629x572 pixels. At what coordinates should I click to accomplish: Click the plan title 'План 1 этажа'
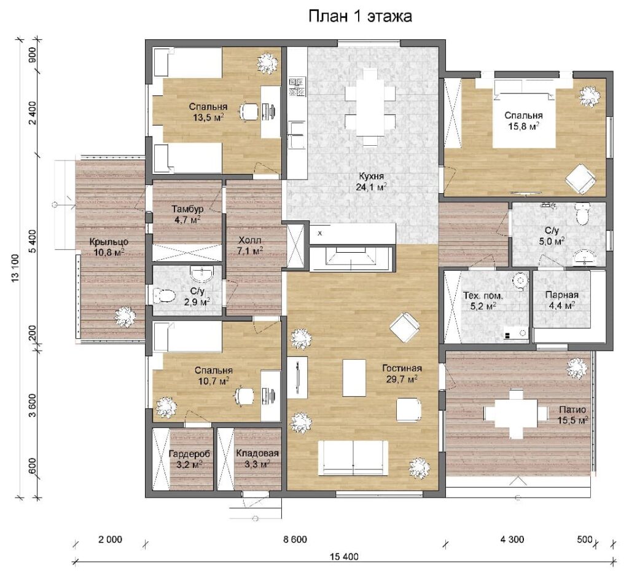pyautogui.click(x=360, y=16)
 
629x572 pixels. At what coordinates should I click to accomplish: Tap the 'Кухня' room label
pyautogui.click(x=371, y=176)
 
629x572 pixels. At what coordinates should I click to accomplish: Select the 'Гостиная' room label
pyautogui.click(x=402, y=368)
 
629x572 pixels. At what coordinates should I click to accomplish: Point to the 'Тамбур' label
pyautogui.click(x=188, y=209)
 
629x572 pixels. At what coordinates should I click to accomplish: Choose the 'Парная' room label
pyautogui.click(x=561, y=295)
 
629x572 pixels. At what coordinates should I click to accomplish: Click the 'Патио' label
pyautogui.click(x=572, y=410)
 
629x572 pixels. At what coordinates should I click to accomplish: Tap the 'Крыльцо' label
pyautogui.click(x=109, y=242)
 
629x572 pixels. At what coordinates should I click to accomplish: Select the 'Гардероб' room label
pyautogui.click(x=189, y=454)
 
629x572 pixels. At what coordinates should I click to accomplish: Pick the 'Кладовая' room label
pyautogui.click(x=257, y=453)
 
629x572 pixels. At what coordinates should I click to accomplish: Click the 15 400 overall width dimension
pyautogui.click(x=344, y=557)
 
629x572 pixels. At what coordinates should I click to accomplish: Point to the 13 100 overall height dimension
pyautogui.click(x=15, y=268)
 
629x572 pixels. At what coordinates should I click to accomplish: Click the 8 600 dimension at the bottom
pyautogui.click(x=295, y=539)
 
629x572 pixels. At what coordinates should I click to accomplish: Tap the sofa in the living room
pyautogui.click(x=353, y=458)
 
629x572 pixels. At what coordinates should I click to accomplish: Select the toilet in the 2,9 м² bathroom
pyautogui.click(x=164, y=296)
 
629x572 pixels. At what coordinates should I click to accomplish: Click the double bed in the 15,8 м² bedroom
pyautogui.click(x=523, y=114)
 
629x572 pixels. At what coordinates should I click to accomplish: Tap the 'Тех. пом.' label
pyautogui.click(x=483, y=296)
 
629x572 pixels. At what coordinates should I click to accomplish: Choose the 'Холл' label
pyautogui.click(x=249, y=240)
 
